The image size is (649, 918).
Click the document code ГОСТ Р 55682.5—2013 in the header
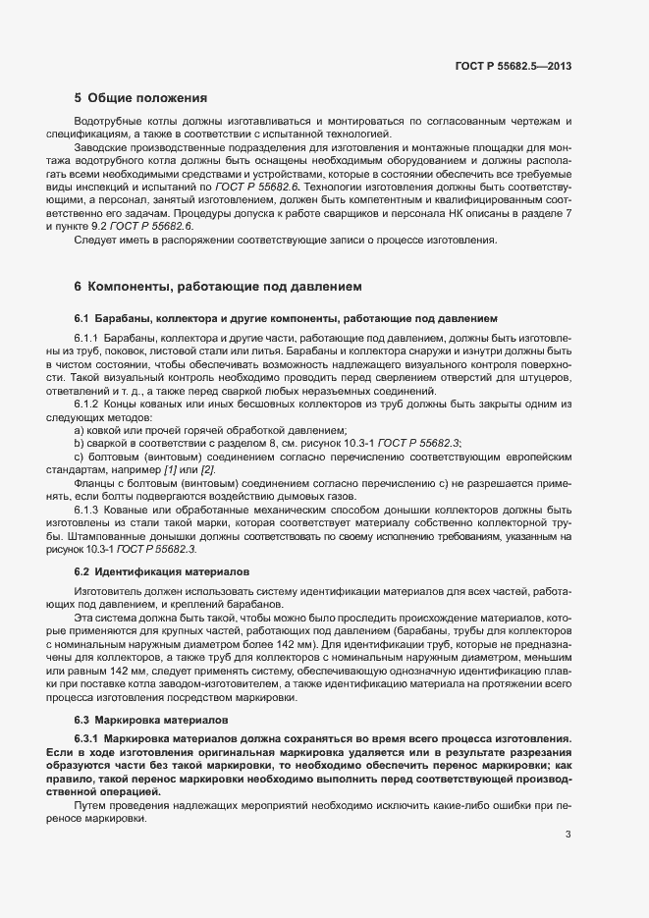pos(514,67)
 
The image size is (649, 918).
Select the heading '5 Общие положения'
pos(140,98)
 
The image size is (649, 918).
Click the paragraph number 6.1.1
pos(88,337)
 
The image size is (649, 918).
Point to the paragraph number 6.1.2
pos(88,405)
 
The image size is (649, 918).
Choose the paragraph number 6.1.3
pos(88,510)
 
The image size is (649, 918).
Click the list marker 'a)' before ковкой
pos(80,431)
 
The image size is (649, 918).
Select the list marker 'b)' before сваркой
pos(80,444)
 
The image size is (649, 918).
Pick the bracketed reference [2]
pos(208,470)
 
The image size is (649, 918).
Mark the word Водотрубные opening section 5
pos(107,120)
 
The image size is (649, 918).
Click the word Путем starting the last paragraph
pos(91,804)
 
